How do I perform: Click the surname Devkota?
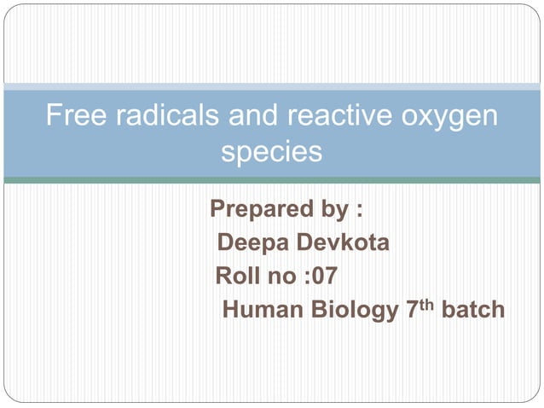(344, 243)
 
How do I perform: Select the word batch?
(472, 311)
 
